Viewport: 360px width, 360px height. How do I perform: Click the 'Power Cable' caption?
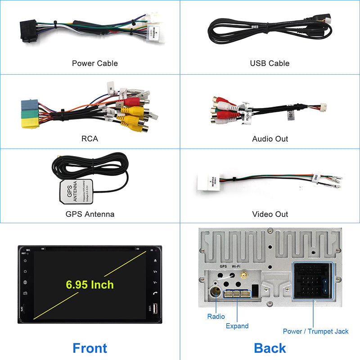tap(95, 63)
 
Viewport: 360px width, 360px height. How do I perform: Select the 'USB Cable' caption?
tap(270, 63)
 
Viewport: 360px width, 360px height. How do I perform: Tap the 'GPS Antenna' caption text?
tap(90, 214)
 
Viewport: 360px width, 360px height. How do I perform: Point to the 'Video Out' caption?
tap(270, 214)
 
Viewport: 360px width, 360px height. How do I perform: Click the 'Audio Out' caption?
tap(270, 139)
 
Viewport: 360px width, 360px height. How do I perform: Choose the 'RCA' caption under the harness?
tap(90, 139)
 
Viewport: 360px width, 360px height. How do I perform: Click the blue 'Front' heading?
tap(90, 347)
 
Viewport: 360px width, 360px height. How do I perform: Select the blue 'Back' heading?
tap(270, 347)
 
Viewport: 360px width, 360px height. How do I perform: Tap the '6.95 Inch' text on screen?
tap(90, 284)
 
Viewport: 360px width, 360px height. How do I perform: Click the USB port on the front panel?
tap(155, 309)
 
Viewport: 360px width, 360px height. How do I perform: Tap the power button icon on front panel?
tap(25, 260)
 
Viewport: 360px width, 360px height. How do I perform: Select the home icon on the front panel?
tap(25, 271)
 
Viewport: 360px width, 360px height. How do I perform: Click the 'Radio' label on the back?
tap(216, 316)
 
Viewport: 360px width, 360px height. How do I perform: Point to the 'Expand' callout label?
tap(237, 326)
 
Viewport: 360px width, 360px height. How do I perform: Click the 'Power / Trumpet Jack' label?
tap(315, 331)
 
